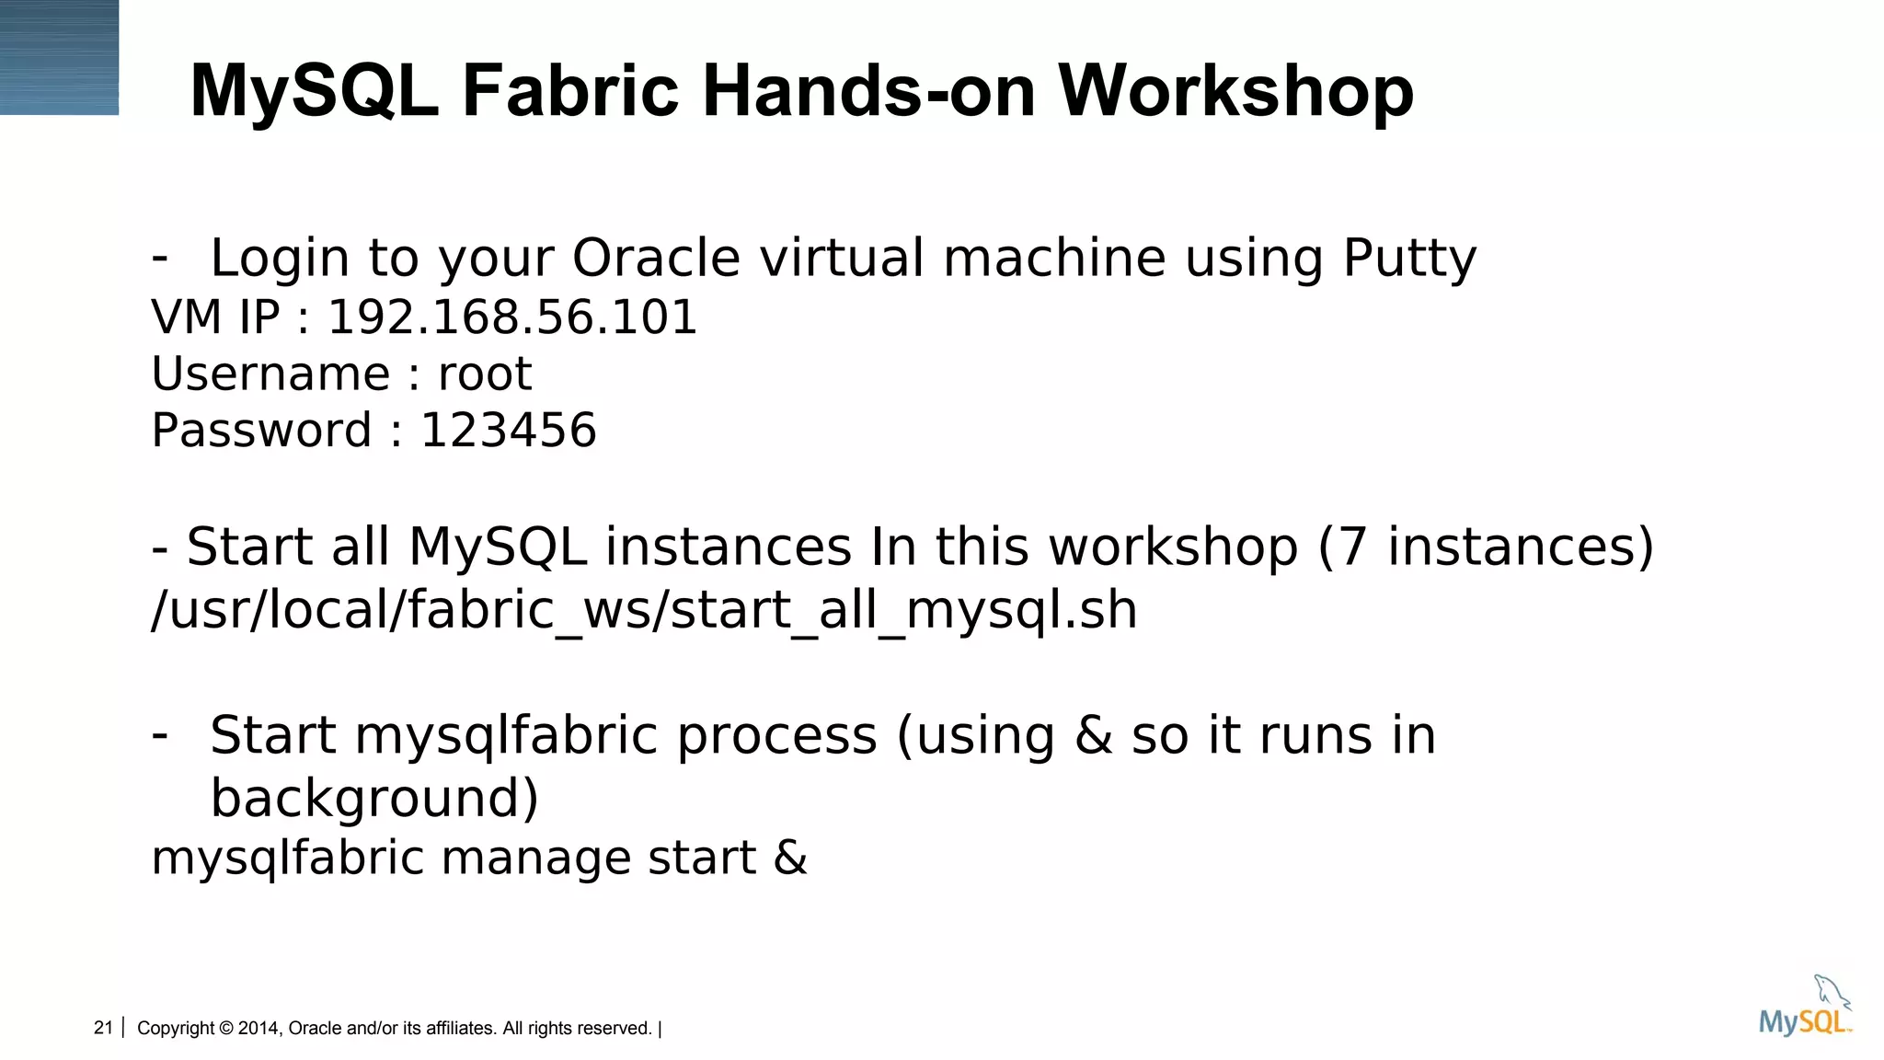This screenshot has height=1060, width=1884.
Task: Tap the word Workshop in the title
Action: point(1235,91)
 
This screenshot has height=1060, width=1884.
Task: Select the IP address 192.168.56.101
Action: point(512,317)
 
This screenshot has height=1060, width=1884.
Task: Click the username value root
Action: point(485,374)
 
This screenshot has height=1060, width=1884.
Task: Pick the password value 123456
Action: point(508,431)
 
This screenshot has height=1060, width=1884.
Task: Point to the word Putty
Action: point(1409,259)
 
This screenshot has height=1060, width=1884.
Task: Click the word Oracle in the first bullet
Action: point(656,258)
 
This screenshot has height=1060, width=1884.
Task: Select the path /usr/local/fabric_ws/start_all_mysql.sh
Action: point(644,610)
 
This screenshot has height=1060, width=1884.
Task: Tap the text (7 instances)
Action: point(1486,547)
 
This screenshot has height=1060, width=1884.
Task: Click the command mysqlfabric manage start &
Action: point(478,858)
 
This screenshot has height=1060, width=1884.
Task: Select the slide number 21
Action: point(103,1028)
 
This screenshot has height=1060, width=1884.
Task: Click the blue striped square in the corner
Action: point(59,57)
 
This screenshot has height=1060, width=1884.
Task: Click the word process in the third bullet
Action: point(777,735)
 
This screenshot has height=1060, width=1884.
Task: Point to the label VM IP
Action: point(215,317)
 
